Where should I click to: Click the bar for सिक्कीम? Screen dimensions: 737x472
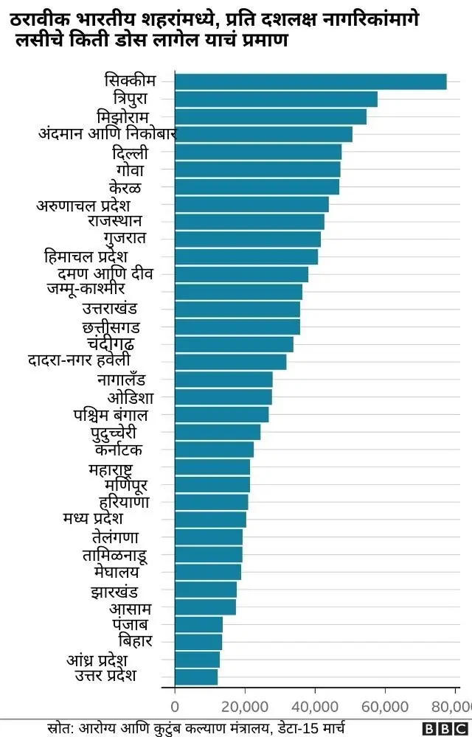[x=310, y=82]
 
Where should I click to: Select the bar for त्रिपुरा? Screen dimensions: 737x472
[x=276, y=99]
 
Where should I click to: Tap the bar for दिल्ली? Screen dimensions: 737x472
[x=258, y=152]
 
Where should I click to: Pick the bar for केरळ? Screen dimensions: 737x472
[x=257, y=187]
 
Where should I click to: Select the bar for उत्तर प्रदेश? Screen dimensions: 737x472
[x=196, y=677]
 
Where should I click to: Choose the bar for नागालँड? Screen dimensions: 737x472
[x=223, y=380]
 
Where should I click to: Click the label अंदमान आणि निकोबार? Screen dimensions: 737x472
[x=107, y=133]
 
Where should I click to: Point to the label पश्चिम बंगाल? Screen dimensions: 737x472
[x=111, y=415]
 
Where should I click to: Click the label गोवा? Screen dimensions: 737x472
[x=132, y=170]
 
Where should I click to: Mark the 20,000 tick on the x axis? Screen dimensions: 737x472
[x=245, y=707]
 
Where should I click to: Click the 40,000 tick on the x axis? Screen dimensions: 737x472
[x=315, y=707]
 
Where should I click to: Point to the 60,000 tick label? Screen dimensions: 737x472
[x=385, y=707]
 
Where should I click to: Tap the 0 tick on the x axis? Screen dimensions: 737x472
[x=175, y=707]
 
